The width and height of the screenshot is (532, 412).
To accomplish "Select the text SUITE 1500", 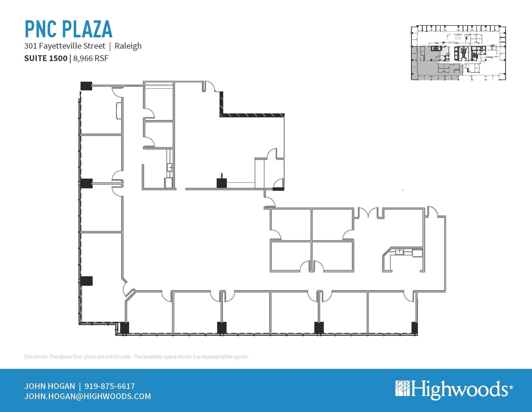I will [46, 58].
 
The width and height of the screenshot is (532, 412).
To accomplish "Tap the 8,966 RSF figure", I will [91, 58].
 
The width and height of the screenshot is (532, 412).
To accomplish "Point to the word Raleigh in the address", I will [128, 46].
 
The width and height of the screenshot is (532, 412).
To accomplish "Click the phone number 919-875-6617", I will [110, 386].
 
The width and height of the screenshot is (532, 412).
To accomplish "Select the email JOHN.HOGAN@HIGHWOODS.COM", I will [88, 396].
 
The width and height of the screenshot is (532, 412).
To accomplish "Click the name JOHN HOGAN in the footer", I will [50, 386].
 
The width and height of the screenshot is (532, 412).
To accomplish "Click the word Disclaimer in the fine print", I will [36, 357].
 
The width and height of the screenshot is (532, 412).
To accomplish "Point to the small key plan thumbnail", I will [458, 53].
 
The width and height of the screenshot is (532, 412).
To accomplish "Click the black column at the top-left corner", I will [86, 86].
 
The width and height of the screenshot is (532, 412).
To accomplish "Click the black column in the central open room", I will [222, 183].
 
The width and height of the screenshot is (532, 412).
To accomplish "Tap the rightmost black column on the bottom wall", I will [415, 328].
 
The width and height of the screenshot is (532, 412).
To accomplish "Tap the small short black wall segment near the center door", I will [278, 189].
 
